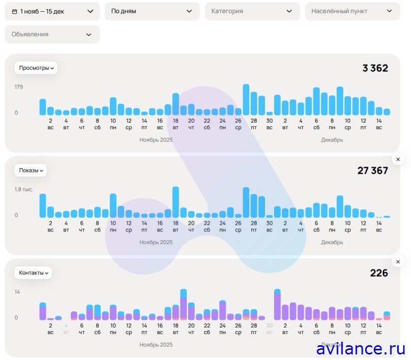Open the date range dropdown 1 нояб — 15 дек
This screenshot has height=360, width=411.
coord(52,11)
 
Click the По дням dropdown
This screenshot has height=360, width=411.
coord(152,11)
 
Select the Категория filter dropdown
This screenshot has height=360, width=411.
coord(252,11)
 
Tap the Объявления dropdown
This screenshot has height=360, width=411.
coord(52,35)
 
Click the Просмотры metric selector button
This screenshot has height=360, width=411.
coord(36,68)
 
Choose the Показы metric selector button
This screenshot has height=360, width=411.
coord(31,170)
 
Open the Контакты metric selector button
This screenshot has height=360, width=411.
coord(33,273)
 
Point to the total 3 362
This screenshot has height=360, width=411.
coord(375,68)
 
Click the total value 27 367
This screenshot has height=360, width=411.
coord(372,170)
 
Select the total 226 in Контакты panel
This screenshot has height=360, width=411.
coord(379,273)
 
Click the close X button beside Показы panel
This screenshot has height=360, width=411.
coord(398,160)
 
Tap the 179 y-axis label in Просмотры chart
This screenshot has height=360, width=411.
coord(19,87)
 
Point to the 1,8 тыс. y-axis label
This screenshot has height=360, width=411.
coord(23,189)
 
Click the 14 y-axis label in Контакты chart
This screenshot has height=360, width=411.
coord(17,292)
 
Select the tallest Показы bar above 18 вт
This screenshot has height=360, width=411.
coord(175,202)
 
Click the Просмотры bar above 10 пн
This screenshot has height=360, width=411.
coord(113,106)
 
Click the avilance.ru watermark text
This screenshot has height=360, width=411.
coord(360,349)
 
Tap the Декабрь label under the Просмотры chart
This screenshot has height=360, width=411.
coord(332,140)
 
